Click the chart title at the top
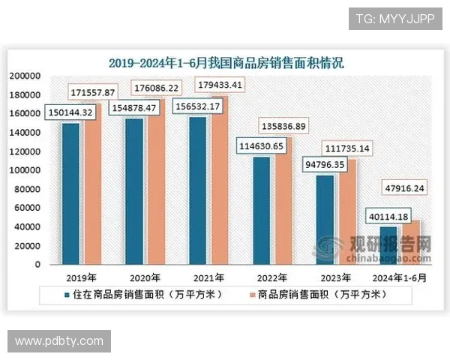coord(226,62)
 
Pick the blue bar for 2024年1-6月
coord(367,245)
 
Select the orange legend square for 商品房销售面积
coord(250,295)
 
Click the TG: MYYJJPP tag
coord(395,18)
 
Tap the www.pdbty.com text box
coord(60,341)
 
